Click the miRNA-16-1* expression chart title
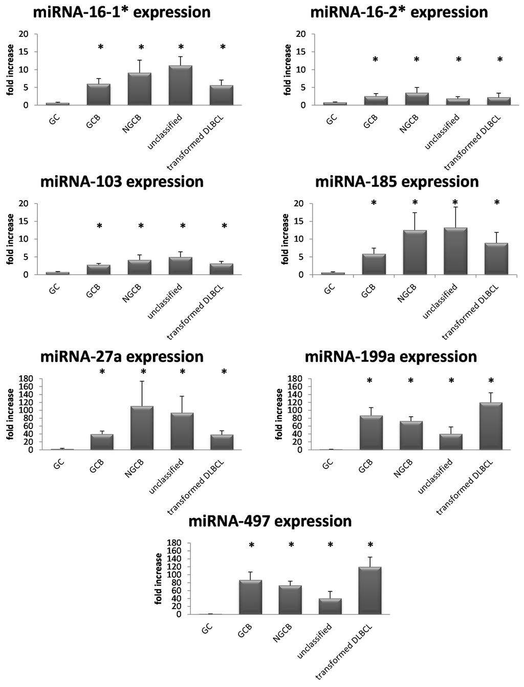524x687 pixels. pos(122,12)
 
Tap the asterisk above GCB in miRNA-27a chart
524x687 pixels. pos(102,372)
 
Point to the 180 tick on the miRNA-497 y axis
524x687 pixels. pos(176,543)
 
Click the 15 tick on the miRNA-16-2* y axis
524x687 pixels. pos(301,52)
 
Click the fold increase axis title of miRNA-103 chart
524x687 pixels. pos(10,239)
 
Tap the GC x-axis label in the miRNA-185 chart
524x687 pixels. pos(330,290)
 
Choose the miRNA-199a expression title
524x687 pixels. pos(391,356)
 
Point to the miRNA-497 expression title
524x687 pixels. pos(270,522)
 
